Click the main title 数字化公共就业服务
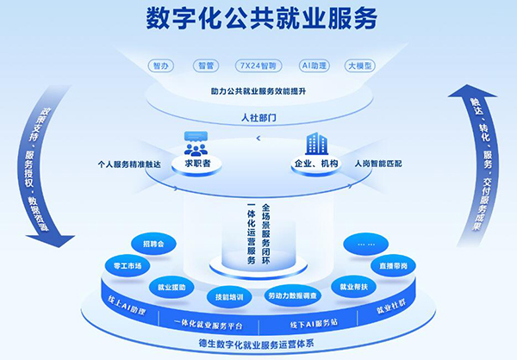coord(258,19)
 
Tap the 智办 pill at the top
coord(160,65)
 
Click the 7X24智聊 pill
coord(258,65)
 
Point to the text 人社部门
coord(258,120)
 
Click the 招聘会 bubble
coord(155,244)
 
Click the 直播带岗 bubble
coord(393,265)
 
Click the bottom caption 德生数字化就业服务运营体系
coord(258,344)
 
